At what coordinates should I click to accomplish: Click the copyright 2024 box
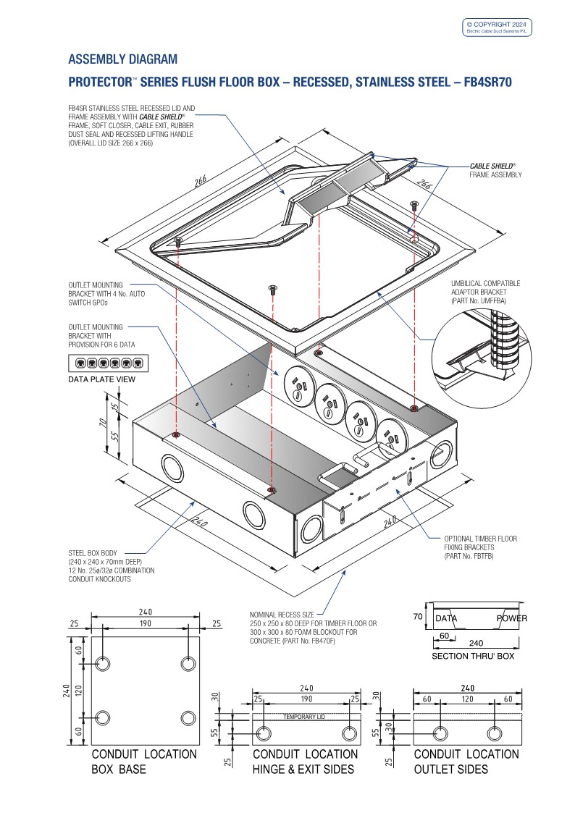pos(498,27)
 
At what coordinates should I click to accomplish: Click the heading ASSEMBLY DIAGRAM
pos(122,59)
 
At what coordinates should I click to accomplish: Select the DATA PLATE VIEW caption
pos(101,379)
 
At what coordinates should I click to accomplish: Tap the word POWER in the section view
pos(511,618)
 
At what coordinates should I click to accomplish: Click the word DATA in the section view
pos(446,618)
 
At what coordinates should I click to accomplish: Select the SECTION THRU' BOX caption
pos(472,656)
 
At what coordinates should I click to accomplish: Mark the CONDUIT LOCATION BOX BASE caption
pos(143,762)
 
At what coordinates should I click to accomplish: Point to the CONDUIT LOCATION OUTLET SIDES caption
pos(466,762)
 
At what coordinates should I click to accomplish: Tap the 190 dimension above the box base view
pos(145,623)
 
